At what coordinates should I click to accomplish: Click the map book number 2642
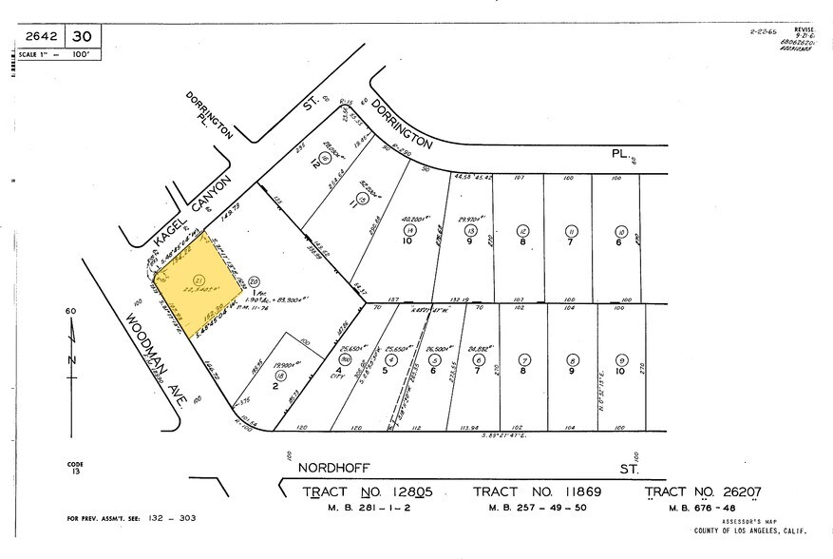[40, 36]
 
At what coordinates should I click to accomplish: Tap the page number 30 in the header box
[84, 36]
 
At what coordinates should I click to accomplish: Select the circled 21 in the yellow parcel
[198, 280]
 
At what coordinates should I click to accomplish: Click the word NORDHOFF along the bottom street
[332, 468]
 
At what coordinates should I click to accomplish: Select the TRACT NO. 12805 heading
[368, 492]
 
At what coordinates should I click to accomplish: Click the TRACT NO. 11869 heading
[538, 492]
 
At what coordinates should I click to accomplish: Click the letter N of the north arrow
[71, 360]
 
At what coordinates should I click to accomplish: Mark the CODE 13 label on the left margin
[75, 468]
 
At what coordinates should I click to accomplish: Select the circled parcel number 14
[409, 230]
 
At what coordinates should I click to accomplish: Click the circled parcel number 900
[340, 359]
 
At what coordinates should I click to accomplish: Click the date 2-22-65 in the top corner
[766, 31]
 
